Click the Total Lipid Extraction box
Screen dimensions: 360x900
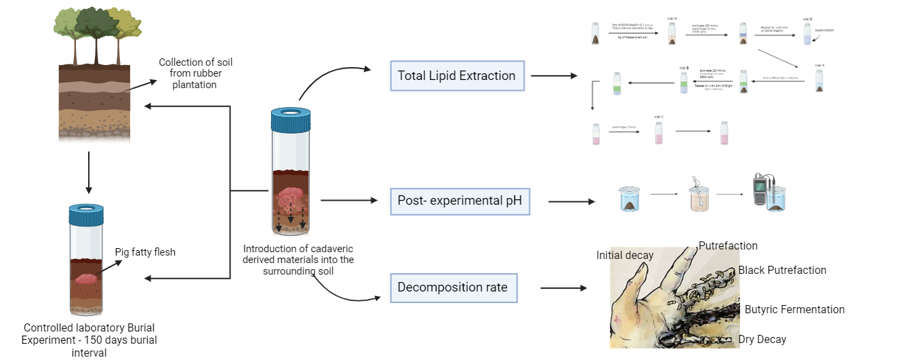[x=457, y=76]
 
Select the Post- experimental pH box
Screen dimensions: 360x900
[x=459, y=201]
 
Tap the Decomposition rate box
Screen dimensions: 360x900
[x=453, y=287]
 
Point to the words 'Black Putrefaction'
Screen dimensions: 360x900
[x=782, y=270]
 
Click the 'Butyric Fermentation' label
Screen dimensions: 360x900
[x=794, y=309]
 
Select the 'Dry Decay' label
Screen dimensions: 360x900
[x=762, y=339]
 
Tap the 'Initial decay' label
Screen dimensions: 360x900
[x=625, y=255]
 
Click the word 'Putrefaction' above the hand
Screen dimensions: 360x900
[x=728, y=245]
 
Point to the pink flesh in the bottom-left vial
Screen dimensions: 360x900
[x=88, y=279]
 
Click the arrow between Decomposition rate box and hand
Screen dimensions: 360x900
[x=563, y=288]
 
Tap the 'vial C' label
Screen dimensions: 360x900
[x=658, y=117]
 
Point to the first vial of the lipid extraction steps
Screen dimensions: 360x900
[x=595, y=34]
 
